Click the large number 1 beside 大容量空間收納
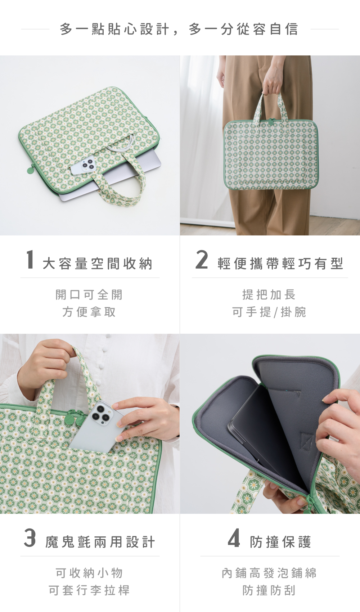click(x=30, y=259)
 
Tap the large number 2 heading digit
click(x=202, y=259)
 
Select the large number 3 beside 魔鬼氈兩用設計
click(x=30, y=538)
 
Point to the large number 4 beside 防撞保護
click(x=234, y=538)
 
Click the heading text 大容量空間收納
click(x=98, y=264)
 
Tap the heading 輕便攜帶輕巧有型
click(x=280, y=264)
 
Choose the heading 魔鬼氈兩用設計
click(x=100, y=542)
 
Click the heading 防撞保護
click(x=280, y=542)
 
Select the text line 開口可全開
click(x=89, y=294)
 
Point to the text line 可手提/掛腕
click(x=269, y=312)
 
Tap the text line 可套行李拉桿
click(x=89, y=590)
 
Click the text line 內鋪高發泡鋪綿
click(x=269, y=573)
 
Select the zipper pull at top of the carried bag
click(x=271, y=122)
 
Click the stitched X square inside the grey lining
click(x=307, y=442)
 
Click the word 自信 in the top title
click(x=284, y=29)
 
